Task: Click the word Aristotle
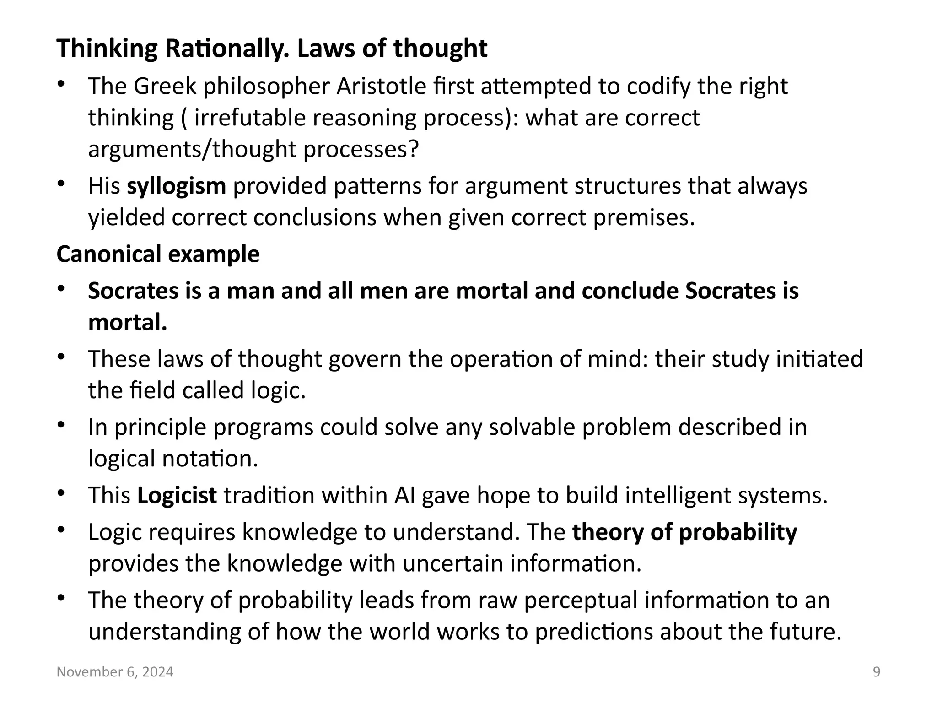tap(381, 86)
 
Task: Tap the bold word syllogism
tap(176, 186)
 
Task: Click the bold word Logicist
tap(177, 495)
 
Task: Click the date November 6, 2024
tap(115, 672)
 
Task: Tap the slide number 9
tap(877, 672)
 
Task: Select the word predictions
tap(593, 632)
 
